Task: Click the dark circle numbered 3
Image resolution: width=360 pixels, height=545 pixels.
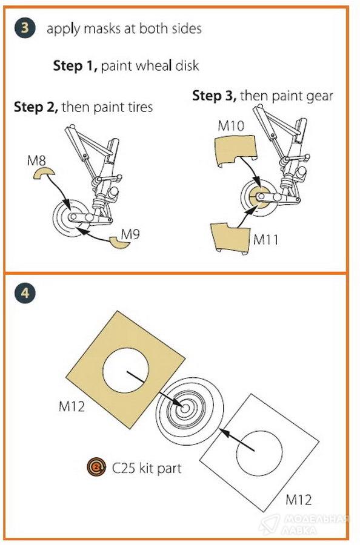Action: click(25, 28)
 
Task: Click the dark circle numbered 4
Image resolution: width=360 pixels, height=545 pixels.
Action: click(25, 293)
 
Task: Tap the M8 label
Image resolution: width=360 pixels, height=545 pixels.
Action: click(36, 160)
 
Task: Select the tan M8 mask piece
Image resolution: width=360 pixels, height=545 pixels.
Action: click(44, 173)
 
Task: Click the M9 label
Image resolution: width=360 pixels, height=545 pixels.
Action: click(130, 234)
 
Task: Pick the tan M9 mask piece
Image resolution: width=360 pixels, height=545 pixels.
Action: click(119, 243)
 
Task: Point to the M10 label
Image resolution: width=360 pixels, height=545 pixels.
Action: click(232, 125)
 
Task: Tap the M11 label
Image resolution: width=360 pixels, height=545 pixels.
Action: click(265, 239)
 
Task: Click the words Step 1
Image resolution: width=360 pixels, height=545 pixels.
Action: click(75, 65)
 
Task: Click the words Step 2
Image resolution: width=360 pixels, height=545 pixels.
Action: click(36, 107)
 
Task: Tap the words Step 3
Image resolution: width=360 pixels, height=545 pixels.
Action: click(215, 96)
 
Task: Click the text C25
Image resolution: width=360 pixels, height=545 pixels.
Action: click(124, 468)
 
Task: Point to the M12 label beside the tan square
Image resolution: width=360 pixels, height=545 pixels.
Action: click(72, 406)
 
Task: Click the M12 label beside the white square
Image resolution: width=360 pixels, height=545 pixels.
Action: click(298, 500)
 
